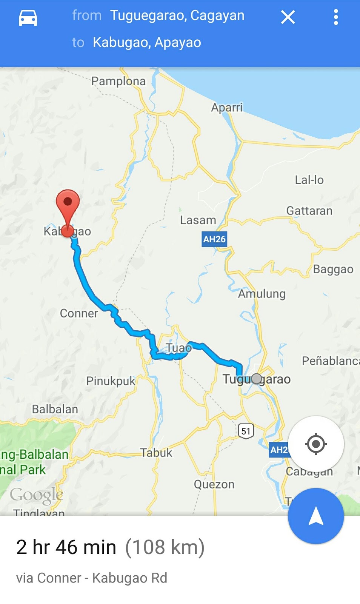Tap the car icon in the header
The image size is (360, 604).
(x=28, y=17)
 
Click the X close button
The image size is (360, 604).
(x=288, y=17)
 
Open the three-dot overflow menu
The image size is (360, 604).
(x=336, y=17)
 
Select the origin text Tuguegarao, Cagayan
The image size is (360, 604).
(x=177, y=15)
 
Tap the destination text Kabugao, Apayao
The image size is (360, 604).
(x=147, y=42)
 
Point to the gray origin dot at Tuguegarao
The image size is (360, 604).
(x=257, y=379)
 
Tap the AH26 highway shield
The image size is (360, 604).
(x=214, y=239)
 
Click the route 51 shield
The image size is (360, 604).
(x=246, y=431)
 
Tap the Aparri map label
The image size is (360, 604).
(x=227, y=107)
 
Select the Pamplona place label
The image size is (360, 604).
(x=118, y=81)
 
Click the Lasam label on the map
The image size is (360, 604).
(x=198, y=220)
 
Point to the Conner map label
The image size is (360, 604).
(x=79, y=313)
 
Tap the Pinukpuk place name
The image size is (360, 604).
(x=111, y=381)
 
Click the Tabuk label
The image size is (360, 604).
(x=156, y=452)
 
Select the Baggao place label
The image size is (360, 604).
(x=333, y=269)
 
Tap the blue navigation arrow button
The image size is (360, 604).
(x=316, y=516)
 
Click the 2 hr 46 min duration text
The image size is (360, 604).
(x=66, y=547)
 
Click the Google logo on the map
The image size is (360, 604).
(x=37, y=495)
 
